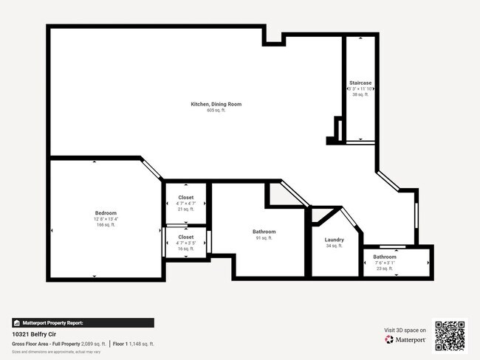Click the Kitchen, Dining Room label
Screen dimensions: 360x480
[x=216, y=104]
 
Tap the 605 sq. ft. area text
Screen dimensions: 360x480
[x=216, y=110]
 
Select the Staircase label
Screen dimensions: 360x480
[x=360, y=83]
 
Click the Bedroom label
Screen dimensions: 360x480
[x=106, y=213]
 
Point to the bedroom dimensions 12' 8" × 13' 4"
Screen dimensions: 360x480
[x=106, y=219]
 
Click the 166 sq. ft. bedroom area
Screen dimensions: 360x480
[x=106, y=225]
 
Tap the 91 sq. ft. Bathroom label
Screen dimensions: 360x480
[x=264, y=232]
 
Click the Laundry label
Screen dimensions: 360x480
[x=335, y=240]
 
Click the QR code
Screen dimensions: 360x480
[x=450, y=336]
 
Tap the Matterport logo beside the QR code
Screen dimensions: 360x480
[x=405, y=340]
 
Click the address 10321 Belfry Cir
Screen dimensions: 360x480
[x=35, y=334]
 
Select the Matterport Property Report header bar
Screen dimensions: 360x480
[x=83, y=322]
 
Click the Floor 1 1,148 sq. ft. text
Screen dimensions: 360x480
[x=134, y=344]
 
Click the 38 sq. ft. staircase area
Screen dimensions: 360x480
[x=360, y=94]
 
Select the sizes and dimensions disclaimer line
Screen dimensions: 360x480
[x=56, y=352]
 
